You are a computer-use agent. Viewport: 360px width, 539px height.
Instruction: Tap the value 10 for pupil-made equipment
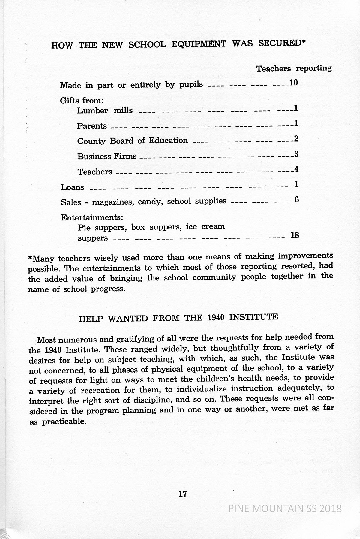(x=293, y=83)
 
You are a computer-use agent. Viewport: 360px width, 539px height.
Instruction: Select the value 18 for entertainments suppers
(x=295, y=235)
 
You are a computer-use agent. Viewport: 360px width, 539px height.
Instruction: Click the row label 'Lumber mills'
(x=105, y=111)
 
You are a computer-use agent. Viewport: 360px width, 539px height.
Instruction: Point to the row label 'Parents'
(x=92, y=126)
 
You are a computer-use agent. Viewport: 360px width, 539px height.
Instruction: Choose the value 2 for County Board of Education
(x=296, y=139)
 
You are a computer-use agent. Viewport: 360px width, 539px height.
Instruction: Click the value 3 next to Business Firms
(x=296, y=154)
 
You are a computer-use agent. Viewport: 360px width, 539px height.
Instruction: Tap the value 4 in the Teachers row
(x=296, y=169)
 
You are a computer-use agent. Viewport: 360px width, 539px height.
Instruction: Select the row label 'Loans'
(x=72, y=187)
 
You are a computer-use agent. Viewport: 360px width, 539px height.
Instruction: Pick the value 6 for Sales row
(x=297, y=200)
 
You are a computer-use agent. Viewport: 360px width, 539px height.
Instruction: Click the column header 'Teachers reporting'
(x=294, y=69)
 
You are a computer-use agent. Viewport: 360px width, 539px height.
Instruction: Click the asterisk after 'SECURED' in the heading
(x=304, y=42)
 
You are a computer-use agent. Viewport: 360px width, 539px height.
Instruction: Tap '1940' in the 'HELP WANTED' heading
(x=216, y=318)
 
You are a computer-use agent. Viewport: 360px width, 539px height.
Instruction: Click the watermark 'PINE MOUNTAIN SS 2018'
(x=285, y=508)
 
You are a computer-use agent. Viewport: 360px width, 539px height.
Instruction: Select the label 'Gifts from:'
(x=82, y=101)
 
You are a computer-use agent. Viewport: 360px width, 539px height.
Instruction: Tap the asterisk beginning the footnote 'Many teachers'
(x=30, y=258)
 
